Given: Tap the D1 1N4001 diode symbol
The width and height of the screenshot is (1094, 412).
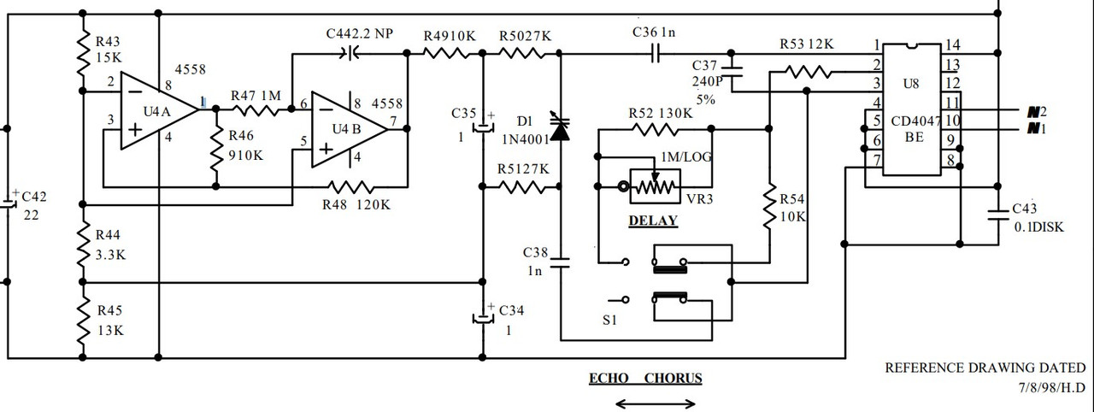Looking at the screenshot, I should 560,128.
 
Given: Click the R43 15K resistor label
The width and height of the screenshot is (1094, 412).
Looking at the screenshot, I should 108,48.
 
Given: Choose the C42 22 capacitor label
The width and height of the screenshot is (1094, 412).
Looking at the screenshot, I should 34,205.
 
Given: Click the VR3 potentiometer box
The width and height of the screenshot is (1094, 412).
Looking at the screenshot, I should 654,185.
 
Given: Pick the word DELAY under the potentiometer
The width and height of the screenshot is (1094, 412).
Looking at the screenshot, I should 653,221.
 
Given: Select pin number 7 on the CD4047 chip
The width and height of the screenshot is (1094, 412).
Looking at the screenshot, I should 876,161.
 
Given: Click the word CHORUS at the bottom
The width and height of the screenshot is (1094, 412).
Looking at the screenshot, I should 673,378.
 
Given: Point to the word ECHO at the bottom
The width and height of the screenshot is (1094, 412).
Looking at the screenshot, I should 609,378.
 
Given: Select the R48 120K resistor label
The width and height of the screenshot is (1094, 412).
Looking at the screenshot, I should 356,205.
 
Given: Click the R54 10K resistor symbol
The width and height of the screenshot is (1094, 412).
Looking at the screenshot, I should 771,205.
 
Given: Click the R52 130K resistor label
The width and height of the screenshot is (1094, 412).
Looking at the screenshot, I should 661,114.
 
